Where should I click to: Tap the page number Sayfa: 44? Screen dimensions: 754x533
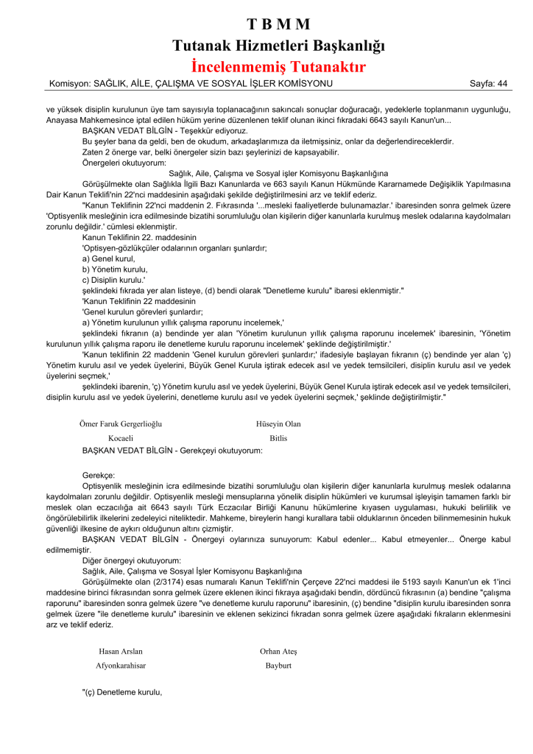click(489, 83)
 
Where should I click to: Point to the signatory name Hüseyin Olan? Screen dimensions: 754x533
click(278, 423)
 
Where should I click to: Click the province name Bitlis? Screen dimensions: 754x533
click(278, 437)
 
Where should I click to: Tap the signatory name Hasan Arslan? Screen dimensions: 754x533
click(121, 651)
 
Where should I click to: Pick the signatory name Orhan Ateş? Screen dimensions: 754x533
click(278, 651)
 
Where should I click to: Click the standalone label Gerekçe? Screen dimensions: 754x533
click(99, 476)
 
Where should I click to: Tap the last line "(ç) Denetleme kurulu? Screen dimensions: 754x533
click(121, 692)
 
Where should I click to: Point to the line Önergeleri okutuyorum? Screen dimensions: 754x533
click(124, 163)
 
